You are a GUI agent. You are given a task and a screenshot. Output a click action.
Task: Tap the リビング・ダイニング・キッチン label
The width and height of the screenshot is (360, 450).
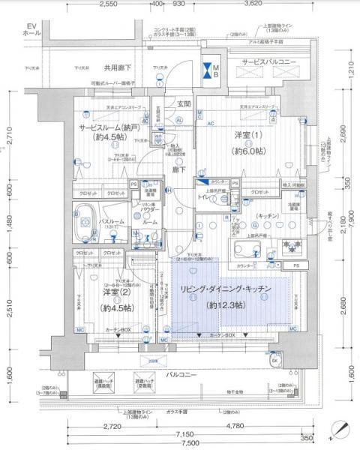click(225, 289)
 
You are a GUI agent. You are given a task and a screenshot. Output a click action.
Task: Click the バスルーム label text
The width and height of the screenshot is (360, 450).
click(111, 223)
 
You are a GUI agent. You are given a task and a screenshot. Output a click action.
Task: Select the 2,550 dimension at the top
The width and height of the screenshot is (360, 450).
click(107, 4)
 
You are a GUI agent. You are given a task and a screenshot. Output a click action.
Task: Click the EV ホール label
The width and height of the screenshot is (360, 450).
click(31, 31)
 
